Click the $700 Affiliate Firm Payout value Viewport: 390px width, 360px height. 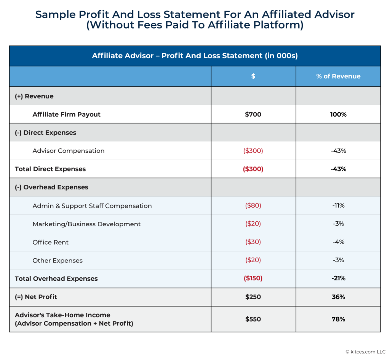(253, 114)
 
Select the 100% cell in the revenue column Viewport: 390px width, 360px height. (338, 114)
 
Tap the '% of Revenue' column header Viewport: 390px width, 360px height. (338, 76)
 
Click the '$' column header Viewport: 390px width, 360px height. (253, 76)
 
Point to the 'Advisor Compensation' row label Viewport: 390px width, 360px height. (69, 151)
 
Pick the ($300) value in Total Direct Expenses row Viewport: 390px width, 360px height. (253, 169)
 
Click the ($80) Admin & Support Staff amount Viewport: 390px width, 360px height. (253, 206)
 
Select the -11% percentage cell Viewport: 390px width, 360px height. (338, 206)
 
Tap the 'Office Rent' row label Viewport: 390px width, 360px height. (51, 242)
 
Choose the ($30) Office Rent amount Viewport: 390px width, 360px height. (253, 242)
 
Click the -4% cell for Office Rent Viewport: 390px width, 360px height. (338, 242)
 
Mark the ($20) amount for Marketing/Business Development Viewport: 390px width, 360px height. (253, 224)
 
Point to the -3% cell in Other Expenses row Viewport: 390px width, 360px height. (338, 260)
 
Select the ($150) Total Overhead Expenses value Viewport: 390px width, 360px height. (253, 278)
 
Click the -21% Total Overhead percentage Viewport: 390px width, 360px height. (338, 278)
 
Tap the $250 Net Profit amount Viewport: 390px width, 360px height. (253, 297)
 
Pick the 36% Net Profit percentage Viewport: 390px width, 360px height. (338, 297)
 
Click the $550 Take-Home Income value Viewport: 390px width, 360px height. (253, 319)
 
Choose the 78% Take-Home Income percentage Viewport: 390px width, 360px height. (338, 319)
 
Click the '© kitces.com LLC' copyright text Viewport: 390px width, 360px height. (365, 352)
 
